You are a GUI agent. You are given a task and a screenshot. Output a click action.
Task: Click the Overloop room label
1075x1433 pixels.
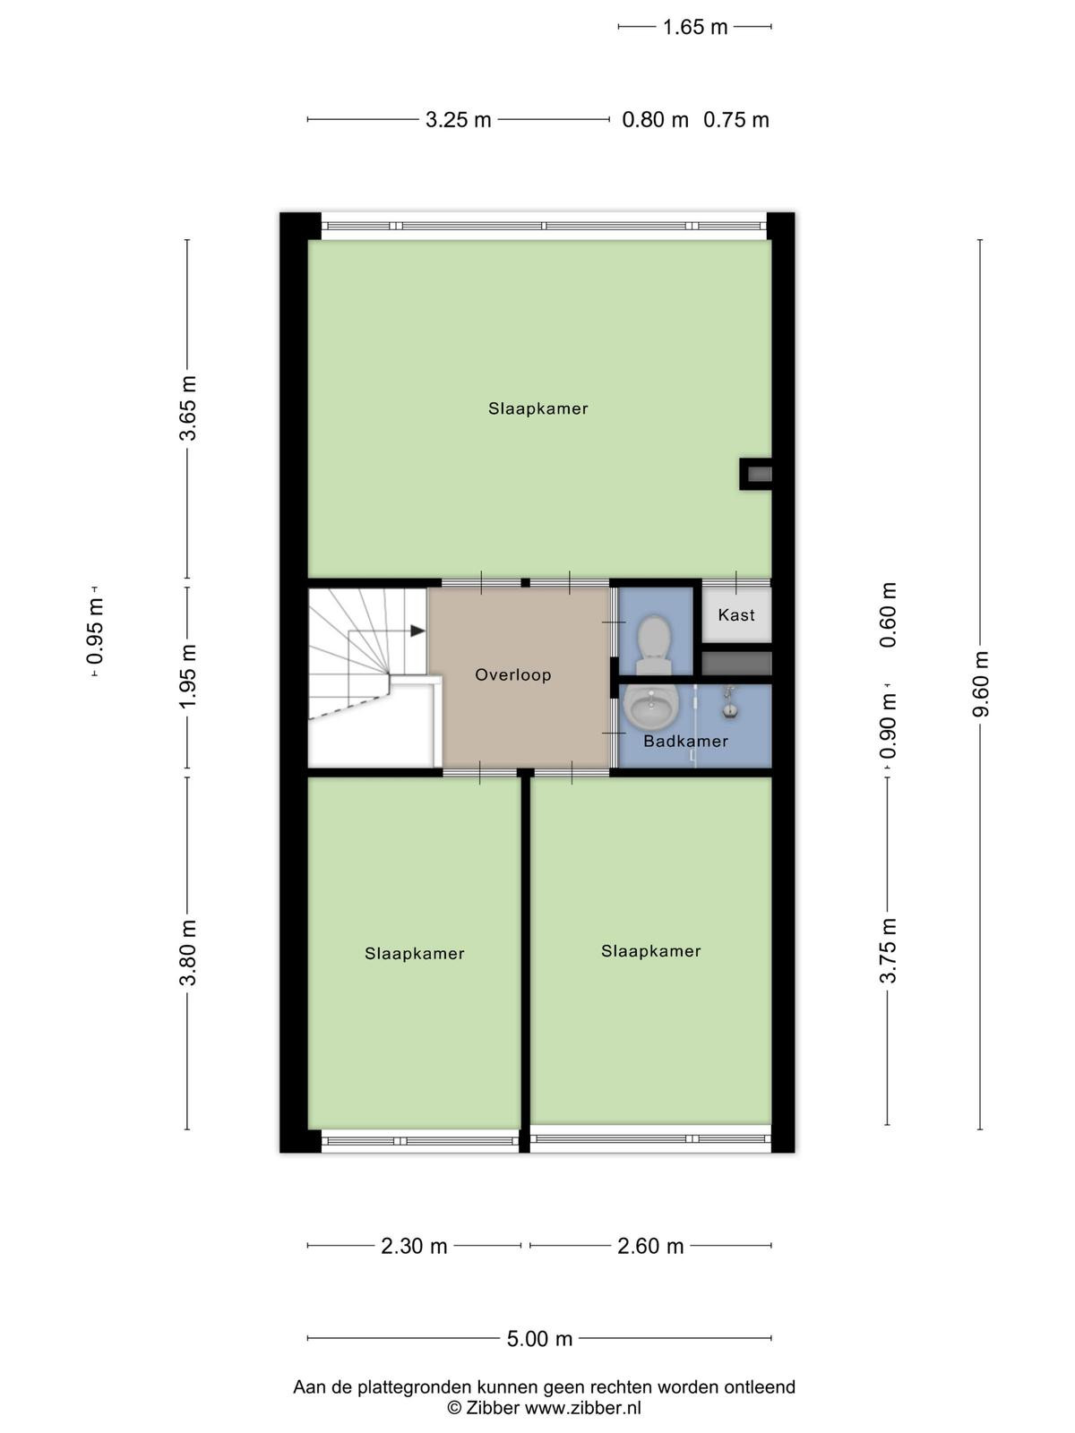tap(513, 674)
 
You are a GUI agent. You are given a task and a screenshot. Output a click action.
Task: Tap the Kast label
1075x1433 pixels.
tap(736, 614)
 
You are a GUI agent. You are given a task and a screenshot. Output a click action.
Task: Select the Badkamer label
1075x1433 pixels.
tap(685, 741)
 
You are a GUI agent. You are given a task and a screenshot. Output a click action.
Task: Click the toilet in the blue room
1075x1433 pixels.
tap(654, 645)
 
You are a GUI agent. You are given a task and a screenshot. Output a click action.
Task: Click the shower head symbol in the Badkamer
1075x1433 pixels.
tap(730, 703)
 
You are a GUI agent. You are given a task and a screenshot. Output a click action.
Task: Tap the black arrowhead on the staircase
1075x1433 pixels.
tap(417, 631)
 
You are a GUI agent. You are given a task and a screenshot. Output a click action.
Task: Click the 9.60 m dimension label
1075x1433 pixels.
tap(980, 683)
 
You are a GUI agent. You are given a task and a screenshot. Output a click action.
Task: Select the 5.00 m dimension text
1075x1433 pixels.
tap(540, 1338)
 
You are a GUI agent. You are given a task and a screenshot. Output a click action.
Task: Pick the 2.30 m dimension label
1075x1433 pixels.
tap(414, 1246)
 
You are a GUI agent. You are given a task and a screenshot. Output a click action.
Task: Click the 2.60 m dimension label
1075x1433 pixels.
tap(650, 1246)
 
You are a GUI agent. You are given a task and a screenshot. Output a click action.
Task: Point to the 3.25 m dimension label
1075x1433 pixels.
tap(458, 119)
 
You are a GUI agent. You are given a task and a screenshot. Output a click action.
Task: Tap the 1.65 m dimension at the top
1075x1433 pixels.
tap(695, 27)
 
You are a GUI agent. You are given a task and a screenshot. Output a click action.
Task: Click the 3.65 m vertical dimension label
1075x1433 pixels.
tap(188, 408)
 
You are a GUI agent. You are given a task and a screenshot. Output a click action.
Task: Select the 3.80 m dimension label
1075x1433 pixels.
tap(188, 953)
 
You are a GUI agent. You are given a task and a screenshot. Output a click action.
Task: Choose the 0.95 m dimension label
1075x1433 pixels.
tap(95, 631)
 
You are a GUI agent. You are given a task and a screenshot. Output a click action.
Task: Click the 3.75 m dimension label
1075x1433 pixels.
tap(888, 950)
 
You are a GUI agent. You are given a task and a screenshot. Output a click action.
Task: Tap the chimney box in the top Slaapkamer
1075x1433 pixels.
tap(756, 474)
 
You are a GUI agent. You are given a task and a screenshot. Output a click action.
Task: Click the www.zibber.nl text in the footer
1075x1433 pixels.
tap(583, 1407)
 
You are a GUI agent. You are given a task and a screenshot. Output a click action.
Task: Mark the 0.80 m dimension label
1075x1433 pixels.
tap(656, 119)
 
